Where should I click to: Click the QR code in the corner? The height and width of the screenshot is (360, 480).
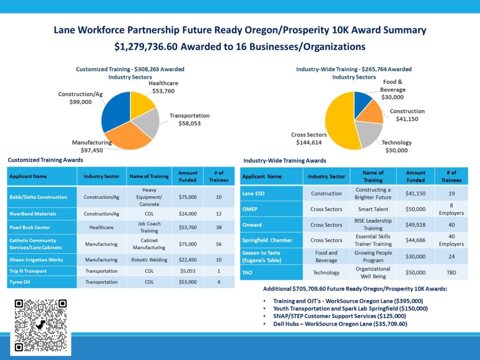(x=41, y=325)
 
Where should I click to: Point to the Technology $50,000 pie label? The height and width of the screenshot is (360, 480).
(x=396, y=146)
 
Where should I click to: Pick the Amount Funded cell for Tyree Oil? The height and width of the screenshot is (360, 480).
(x=187, y=282)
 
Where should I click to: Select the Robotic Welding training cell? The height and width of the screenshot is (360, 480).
(x=149, y=260)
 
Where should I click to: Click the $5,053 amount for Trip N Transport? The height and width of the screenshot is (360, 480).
(x=187, y=271)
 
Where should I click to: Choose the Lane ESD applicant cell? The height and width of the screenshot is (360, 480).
(x=271, y=194)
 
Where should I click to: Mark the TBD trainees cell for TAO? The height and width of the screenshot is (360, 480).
(x=451, y=272)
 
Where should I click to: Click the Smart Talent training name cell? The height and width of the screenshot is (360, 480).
(x=373, y=209)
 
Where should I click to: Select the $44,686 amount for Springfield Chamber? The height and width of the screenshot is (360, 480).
(x=415, y=240)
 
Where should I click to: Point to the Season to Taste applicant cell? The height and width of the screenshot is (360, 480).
(x=271, y=256)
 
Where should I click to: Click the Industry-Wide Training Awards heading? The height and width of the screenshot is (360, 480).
(x=285, y=161)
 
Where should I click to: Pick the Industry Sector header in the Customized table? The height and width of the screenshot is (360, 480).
(x=102, y=176)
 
